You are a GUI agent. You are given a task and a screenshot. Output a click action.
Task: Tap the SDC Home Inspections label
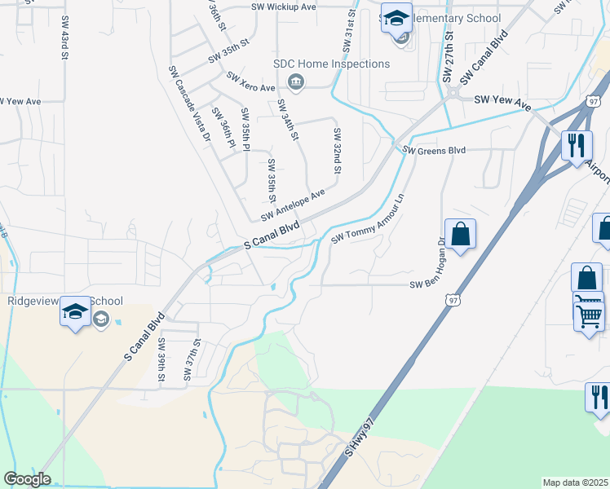coord(332,64)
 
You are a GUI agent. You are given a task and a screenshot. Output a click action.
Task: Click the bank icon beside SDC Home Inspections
coord(295,81)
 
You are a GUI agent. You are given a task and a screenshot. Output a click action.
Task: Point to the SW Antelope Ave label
coord(293,205)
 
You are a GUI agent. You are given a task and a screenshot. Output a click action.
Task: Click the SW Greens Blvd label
coord(435,151)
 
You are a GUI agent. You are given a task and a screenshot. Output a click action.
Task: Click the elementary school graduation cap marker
coord(396,18)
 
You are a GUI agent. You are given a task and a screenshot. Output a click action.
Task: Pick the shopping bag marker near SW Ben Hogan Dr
coord(461,234)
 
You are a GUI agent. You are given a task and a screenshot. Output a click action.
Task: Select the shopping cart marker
coord(589,313)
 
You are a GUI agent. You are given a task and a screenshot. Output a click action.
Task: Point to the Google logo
coord(27,479)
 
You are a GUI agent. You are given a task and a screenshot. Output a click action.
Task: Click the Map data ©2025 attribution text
coord(576,482)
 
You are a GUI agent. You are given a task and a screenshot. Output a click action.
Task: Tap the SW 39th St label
coord(161,359)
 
